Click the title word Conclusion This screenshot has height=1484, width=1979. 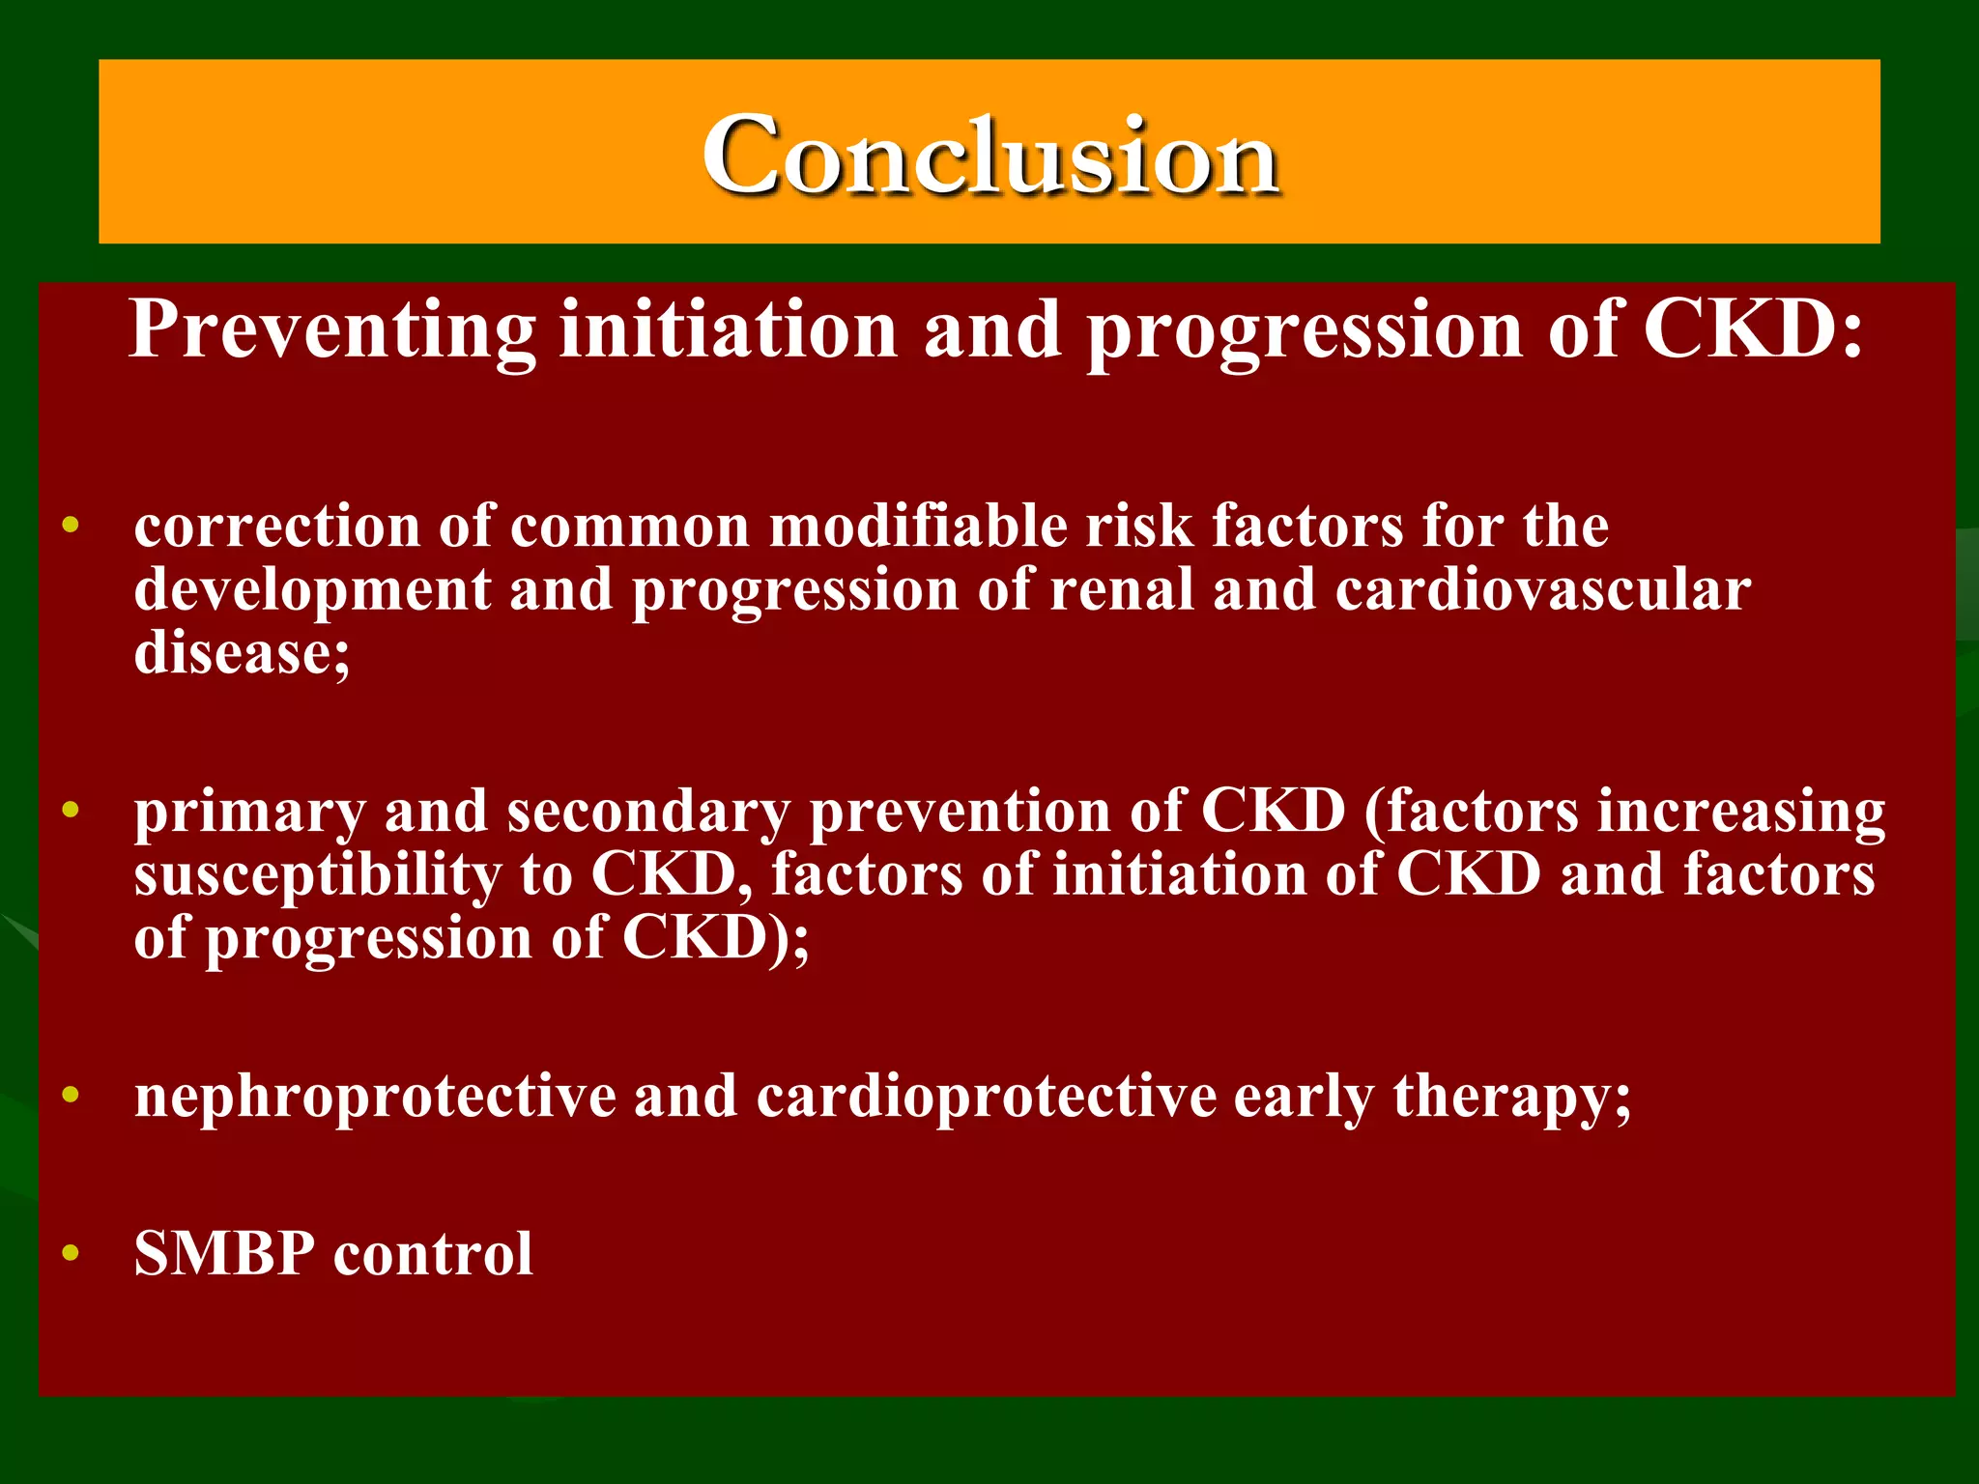(990, 155)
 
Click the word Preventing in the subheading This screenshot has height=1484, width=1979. (331, 330)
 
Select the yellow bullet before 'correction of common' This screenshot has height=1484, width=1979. (70, 526)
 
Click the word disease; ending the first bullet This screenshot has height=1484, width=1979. (242, 653)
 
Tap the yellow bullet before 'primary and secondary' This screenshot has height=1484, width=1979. (70, 810)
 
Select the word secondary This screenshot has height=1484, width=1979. (648, 812)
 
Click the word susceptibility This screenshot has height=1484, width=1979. (317, 875)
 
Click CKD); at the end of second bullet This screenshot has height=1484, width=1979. (715, 937)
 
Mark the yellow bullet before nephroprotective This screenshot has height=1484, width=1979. (70, 1095)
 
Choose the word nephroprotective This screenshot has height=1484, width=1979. (375, 1097)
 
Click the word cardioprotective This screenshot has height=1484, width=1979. (986, 1097)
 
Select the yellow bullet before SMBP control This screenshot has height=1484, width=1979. (70, 1253)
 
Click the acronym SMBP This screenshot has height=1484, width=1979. (224, 1253)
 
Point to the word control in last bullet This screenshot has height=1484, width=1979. (432, 1253)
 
